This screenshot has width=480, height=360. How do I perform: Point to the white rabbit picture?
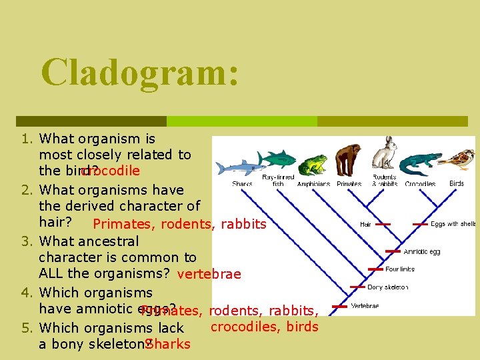point(385,154)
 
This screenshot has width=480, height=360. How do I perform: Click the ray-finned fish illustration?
point(277,159)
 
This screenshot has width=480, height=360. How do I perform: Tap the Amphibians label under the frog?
point(313,184)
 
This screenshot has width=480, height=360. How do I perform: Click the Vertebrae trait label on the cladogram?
point(365,306)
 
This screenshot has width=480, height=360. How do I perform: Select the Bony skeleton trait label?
point(389,287)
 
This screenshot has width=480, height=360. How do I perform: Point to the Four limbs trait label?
point(399,269)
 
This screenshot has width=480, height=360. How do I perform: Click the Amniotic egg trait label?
point(421,252)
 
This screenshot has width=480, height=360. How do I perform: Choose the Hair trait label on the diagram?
point(365,225)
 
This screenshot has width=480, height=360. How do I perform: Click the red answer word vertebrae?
point(209,274)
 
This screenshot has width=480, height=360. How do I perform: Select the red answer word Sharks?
point(168,344)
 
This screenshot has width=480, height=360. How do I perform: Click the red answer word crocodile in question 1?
point(110,171)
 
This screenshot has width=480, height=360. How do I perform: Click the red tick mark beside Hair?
point(384,225)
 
